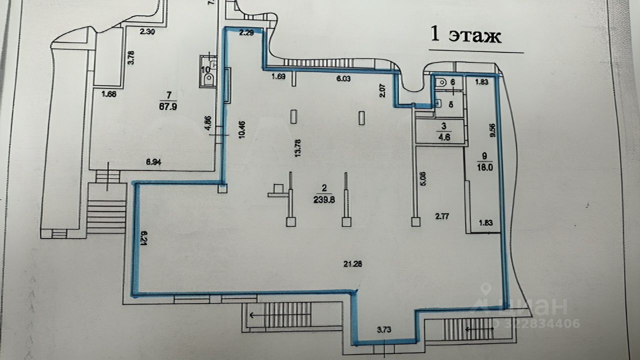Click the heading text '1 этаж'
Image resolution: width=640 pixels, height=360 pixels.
tap(465, 36)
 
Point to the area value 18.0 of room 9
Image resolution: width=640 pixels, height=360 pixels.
tap(484, 168)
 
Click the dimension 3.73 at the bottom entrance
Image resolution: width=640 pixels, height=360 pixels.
tap(384, 329)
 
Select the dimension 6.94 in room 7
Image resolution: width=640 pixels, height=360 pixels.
tap(154, 162)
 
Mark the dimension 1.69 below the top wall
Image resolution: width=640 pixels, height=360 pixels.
tap(278, 77)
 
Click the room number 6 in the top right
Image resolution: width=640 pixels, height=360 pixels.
tap(452, 81)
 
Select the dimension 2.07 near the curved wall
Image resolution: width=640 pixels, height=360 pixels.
tap(382, 90)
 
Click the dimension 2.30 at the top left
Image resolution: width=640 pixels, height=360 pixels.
tap(147, 31)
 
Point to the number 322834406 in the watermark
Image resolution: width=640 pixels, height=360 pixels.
tap(542, 324)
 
